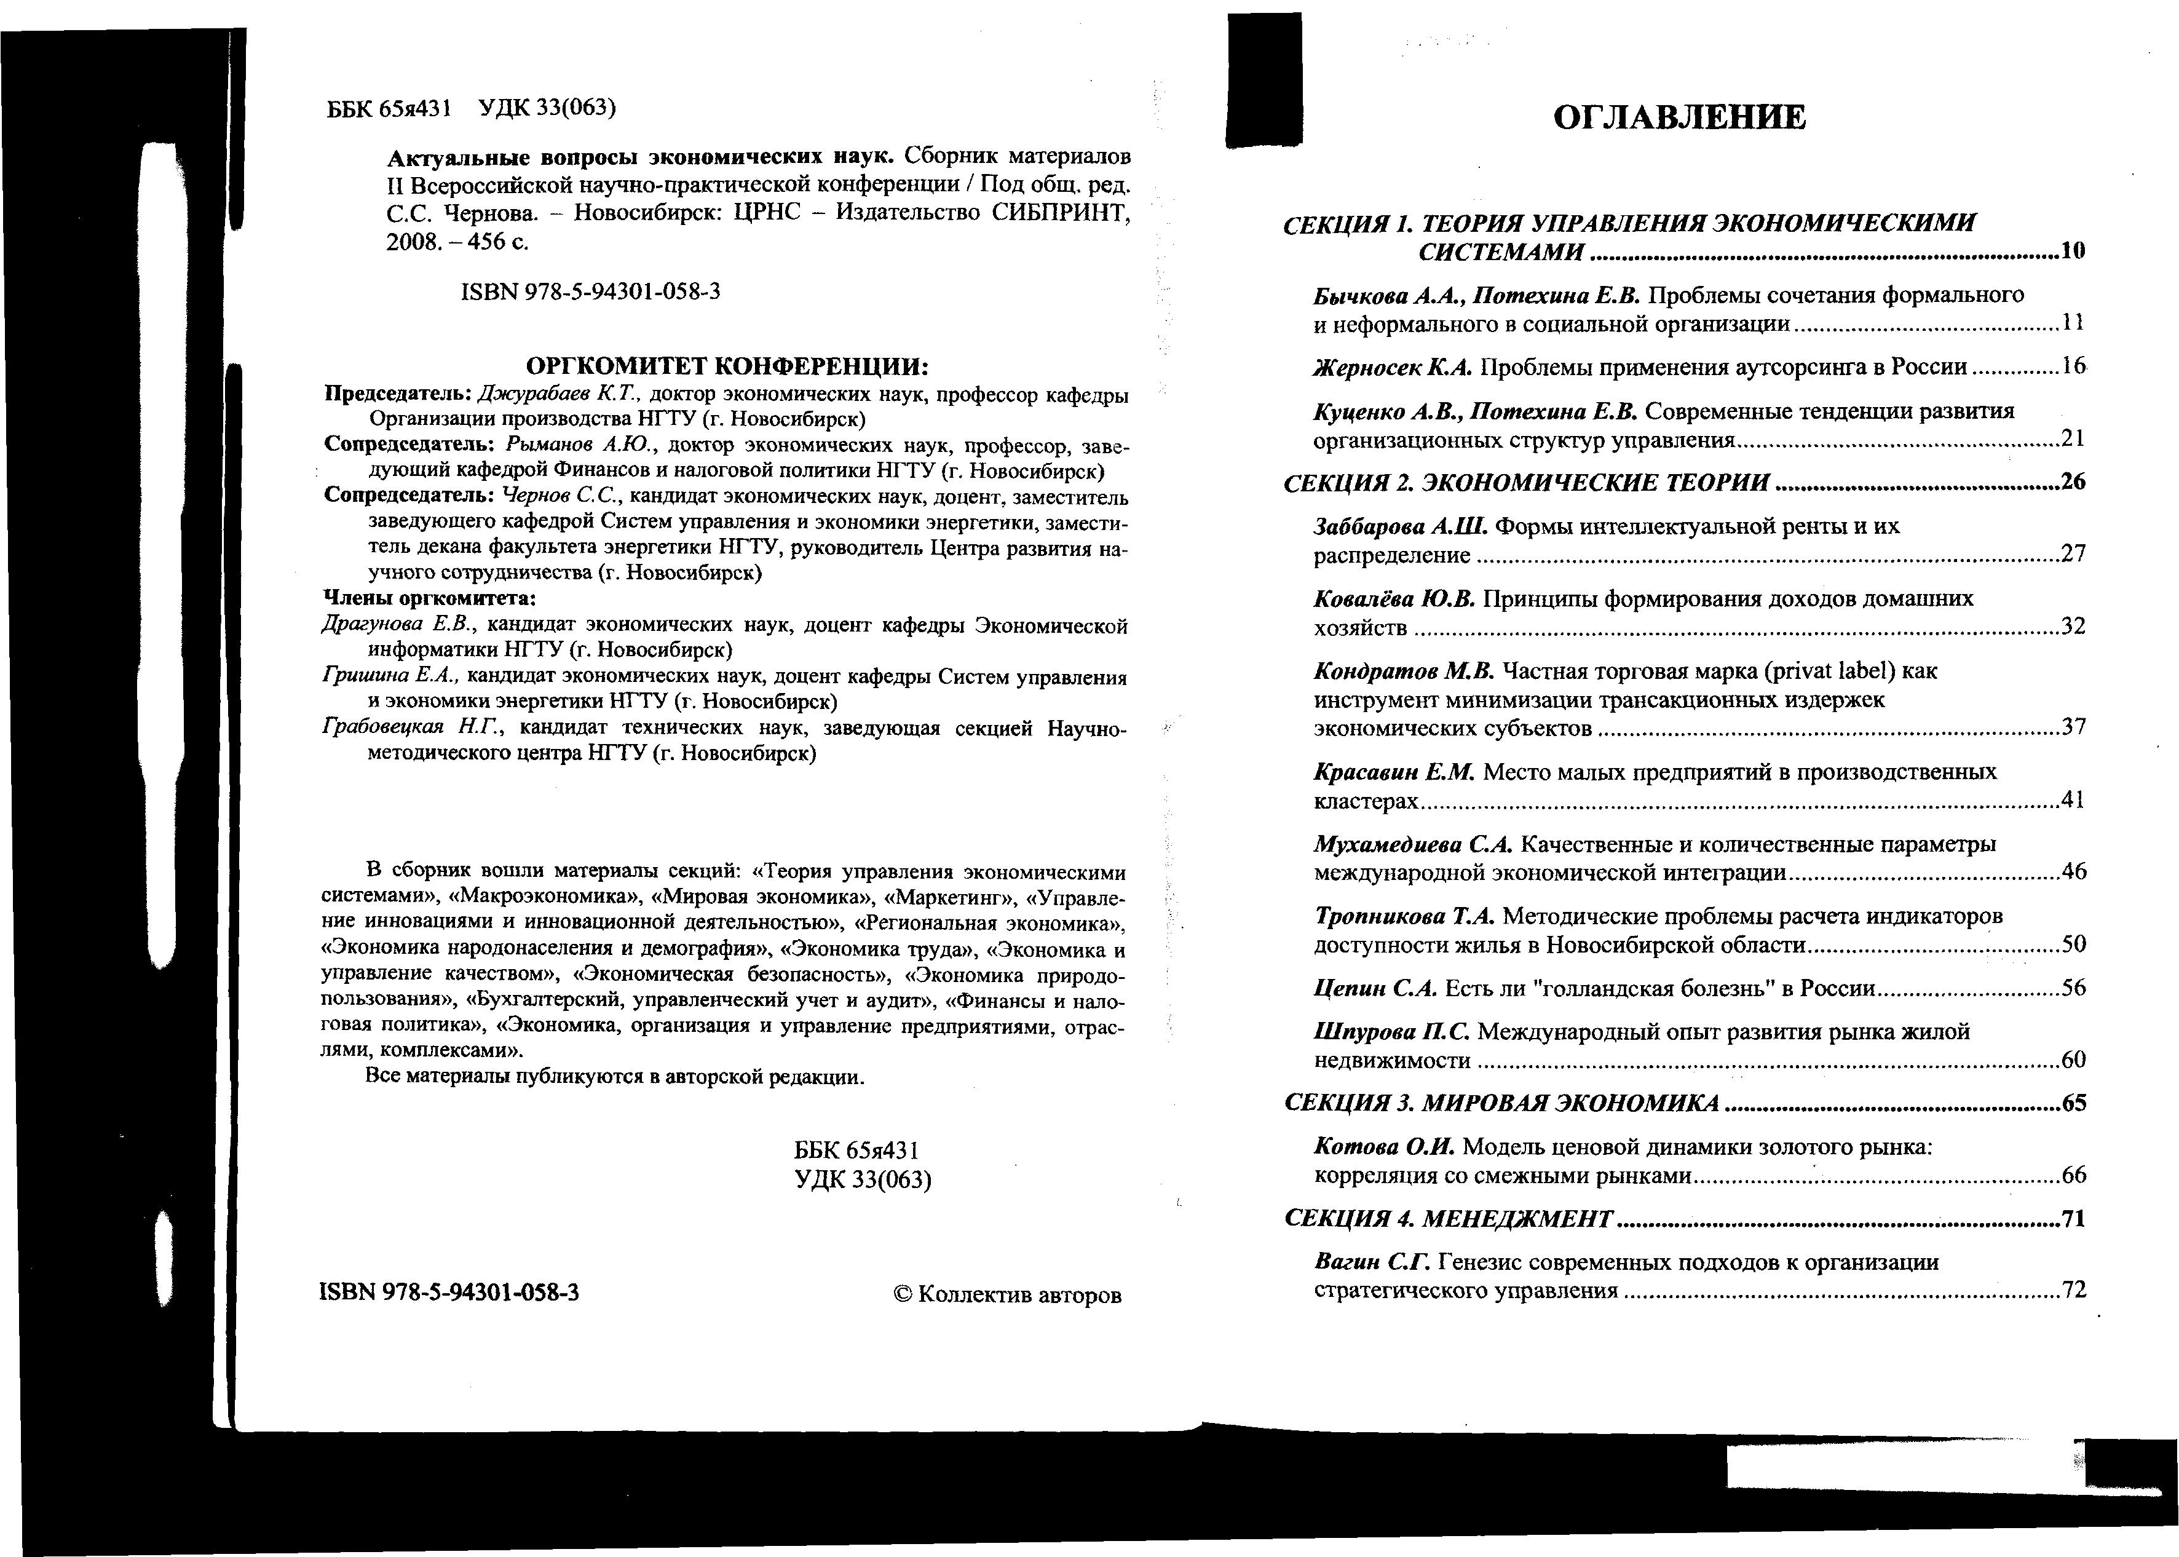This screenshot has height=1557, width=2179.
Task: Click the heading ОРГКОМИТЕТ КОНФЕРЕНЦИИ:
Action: pos(729,366)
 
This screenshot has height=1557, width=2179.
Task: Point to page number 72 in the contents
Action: pos(2073,1291)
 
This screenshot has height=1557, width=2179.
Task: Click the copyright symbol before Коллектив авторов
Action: pos(902,1294)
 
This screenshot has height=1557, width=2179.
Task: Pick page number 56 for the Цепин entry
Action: pos(2073,988)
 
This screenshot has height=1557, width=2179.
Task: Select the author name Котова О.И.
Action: pos(1384,1147)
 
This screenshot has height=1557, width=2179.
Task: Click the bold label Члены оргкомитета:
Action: pos(429,599)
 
